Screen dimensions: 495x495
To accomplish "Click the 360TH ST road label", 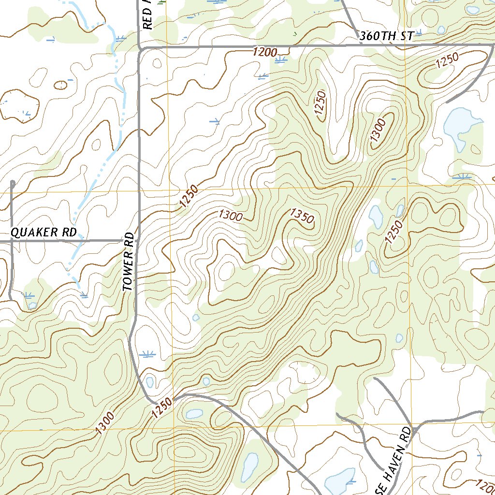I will pos(387,36).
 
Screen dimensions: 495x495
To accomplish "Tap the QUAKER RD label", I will pos(44,233).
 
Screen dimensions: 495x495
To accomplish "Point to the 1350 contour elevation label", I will pos(302,216).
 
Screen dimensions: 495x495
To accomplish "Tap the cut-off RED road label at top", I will pos(147,15).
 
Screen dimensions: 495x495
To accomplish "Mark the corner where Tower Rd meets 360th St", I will pos(140,48).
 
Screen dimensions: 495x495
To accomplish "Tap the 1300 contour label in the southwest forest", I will pos(105,422).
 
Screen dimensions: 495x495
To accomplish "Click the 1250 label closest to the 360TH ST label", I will pos(446,62).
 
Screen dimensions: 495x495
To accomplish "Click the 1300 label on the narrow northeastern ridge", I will pos(379,130).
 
